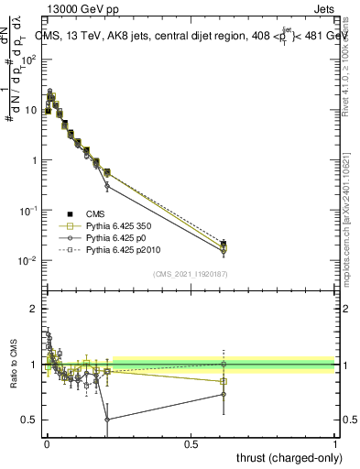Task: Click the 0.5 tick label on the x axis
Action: point(191,443)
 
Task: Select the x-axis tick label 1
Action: point(335,443)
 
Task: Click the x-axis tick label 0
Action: point(47,443)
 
